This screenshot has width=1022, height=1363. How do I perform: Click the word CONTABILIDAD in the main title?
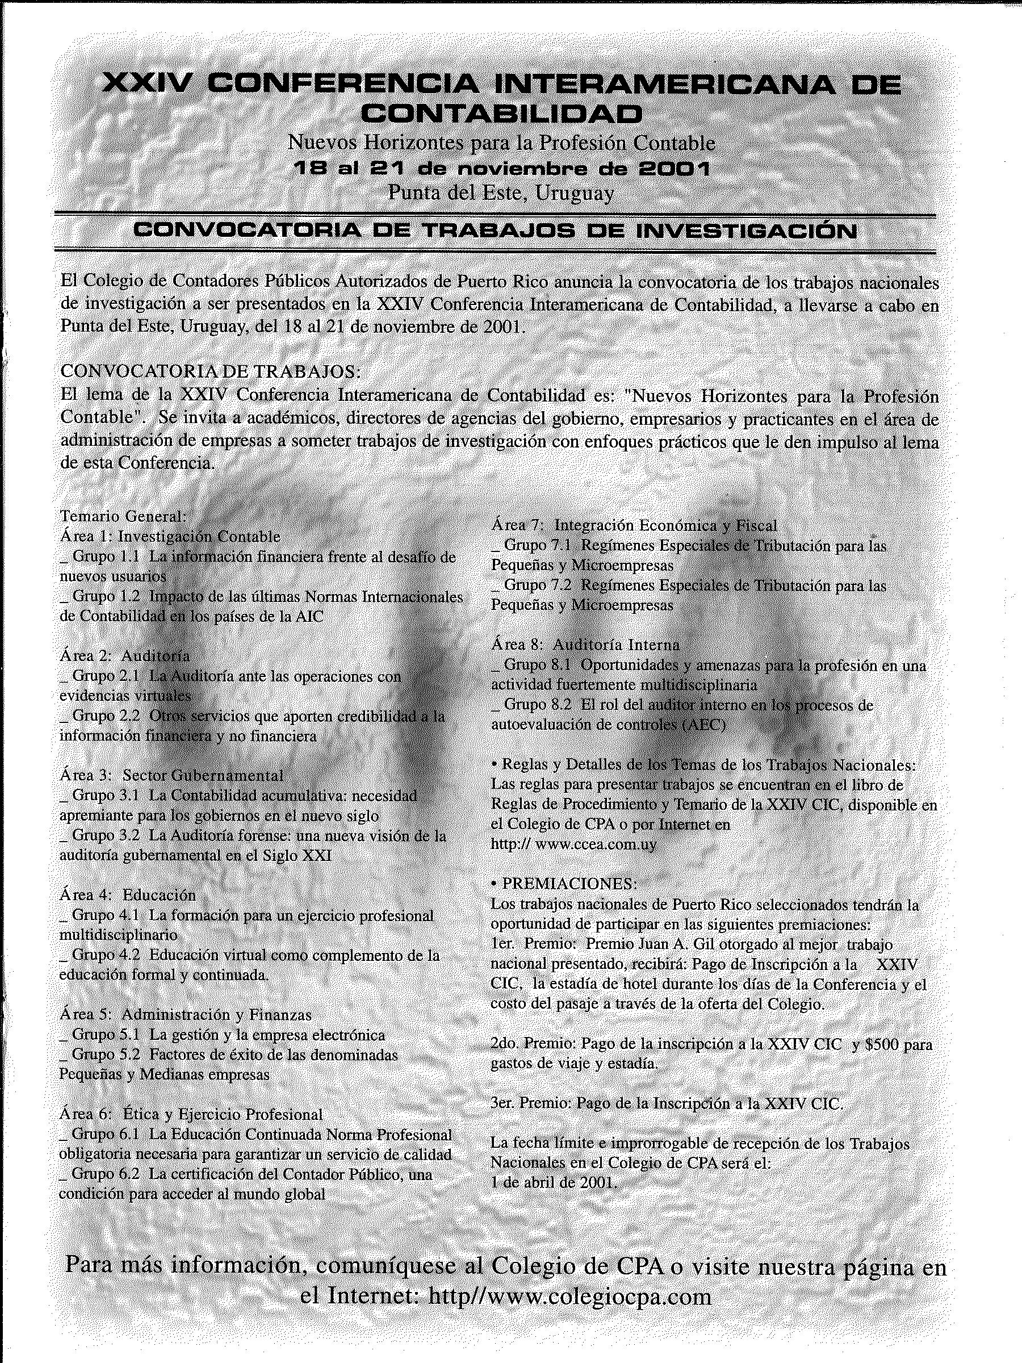coord(501,113)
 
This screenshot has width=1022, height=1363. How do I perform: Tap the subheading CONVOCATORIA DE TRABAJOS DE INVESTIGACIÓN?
coord(495,231)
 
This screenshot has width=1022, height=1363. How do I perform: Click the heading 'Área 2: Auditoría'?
coord(125,655)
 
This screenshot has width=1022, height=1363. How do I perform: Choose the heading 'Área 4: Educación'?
coord(128,894)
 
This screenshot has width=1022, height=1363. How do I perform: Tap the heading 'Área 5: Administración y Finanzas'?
coord(186,1014)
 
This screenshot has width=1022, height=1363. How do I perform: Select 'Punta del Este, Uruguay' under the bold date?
coord(501,193)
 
